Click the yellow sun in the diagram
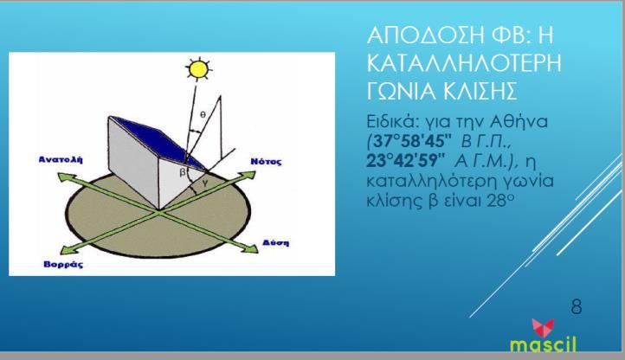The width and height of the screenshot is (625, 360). pos(198,69)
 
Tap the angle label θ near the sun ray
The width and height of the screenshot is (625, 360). pos(203,114)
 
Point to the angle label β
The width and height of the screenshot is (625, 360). pos(183,172)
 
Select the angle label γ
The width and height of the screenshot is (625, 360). pos(205,183)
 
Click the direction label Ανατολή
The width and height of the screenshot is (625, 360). pos(61,159)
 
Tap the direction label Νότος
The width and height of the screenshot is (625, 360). pos(266,162)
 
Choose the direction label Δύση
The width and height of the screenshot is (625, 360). pos(276,243)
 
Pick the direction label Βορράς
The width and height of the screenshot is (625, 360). pos(63,264)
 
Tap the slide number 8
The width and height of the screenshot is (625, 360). pos(577,306)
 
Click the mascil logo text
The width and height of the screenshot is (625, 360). pos(543,344)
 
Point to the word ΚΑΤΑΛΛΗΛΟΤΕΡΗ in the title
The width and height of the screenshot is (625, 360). pos(464,63)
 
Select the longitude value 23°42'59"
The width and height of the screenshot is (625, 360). pos(405,160)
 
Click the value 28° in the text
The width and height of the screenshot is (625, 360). pos(500,200)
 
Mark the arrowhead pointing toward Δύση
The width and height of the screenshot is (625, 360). pos(252,248)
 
